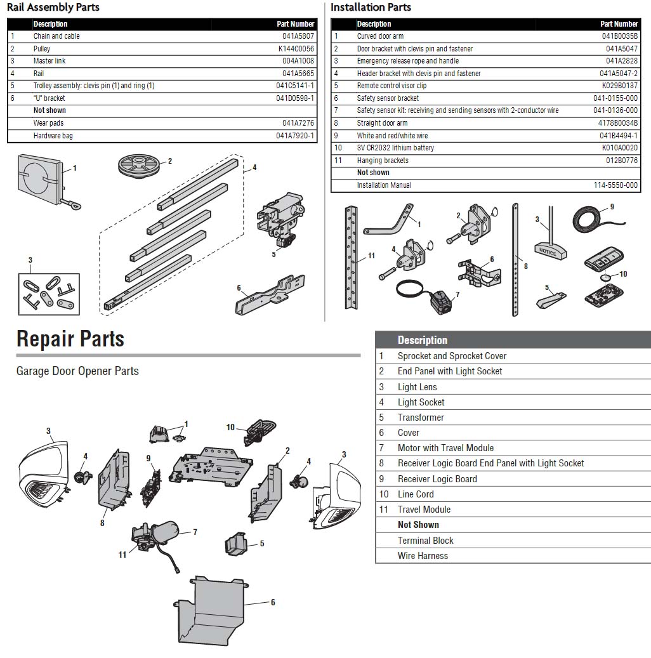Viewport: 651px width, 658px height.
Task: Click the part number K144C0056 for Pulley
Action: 296,49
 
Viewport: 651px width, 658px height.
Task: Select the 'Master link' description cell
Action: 49,61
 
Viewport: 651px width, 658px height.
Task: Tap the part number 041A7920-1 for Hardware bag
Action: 295,136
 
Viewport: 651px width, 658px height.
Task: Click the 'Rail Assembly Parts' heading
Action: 53,8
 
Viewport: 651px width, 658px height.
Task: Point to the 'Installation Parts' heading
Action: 371,8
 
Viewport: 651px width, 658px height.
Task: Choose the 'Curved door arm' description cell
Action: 380,36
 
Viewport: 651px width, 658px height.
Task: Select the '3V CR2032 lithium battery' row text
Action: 395,148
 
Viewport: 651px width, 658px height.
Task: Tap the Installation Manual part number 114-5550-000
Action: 615,185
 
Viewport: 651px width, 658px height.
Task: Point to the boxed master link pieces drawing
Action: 49,294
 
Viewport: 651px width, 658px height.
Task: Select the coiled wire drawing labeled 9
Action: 591,219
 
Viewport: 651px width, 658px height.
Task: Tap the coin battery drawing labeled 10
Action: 609,277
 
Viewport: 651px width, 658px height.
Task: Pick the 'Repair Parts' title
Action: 70,339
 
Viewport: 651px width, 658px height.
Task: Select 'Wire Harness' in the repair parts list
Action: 423,556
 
